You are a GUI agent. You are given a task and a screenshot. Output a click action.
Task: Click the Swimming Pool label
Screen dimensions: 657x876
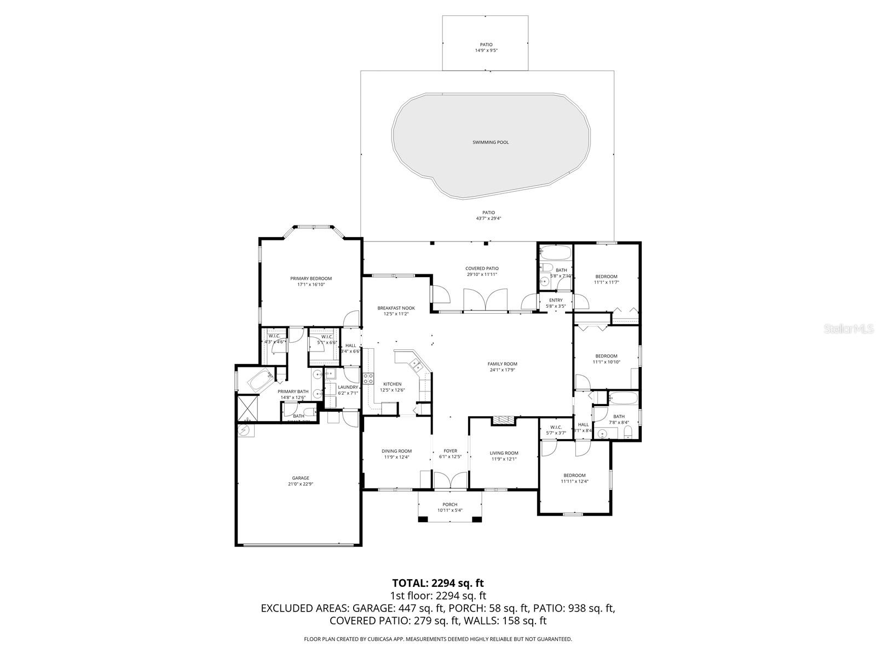pos(491,142)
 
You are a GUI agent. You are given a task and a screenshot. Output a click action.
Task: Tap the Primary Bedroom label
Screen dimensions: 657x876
pos(311,279)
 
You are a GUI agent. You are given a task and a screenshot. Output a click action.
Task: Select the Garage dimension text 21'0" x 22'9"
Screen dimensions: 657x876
pos(301,484)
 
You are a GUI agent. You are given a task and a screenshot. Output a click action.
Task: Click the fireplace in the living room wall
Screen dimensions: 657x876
pos(503,420)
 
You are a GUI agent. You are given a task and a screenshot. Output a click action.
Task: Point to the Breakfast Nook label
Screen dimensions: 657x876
pos(396,308)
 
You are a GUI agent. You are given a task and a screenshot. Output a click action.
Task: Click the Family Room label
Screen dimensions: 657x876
pos(502,364)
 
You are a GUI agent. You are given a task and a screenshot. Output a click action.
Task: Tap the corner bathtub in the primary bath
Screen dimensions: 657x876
pos(261,379)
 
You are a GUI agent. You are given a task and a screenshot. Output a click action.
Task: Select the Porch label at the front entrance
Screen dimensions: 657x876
pos(449,505)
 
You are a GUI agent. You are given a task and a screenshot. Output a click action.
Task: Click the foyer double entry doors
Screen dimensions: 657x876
pos(450,480)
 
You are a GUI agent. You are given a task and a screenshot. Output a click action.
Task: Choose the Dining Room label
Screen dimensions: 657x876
pos(396,451)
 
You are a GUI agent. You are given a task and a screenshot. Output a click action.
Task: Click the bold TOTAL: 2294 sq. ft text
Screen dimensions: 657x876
pos(438,583)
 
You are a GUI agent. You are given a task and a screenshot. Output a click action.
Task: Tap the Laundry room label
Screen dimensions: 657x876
pos(348,387)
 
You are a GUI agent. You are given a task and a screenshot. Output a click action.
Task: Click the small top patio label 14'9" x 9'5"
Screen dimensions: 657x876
pos(486,50)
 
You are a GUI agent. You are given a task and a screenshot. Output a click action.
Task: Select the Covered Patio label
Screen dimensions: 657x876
pos(482,268)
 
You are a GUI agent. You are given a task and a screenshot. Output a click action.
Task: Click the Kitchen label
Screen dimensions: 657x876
pos(392,384)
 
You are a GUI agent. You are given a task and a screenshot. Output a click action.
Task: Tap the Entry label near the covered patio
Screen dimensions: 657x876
pos(555,300)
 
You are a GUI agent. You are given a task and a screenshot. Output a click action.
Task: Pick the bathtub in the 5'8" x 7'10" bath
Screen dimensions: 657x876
pos(556,253)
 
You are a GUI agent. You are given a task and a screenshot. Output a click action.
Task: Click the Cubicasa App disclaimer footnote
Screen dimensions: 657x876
pos(438,639)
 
